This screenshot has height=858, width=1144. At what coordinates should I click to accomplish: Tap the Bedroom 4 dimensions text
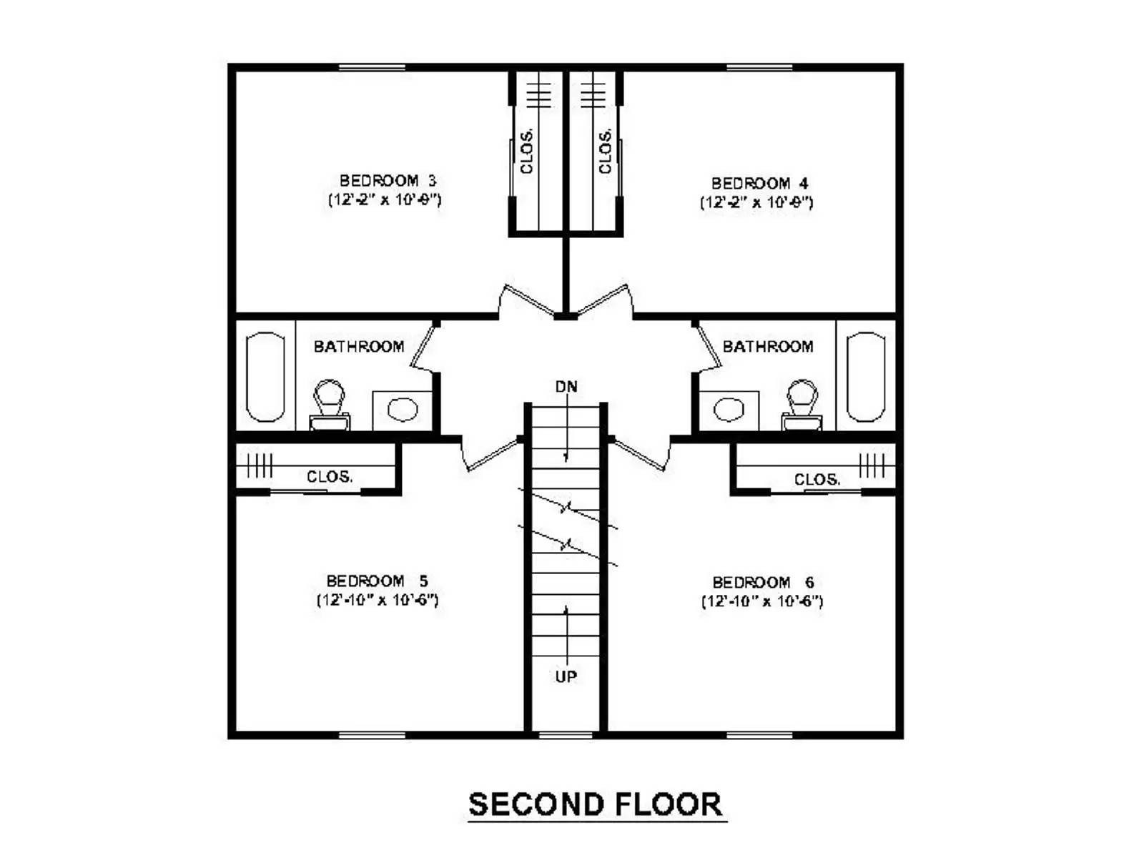(x=756, y=202)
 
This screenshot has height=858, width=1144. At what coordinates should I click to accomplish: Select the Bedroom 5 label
(x=377, y=581)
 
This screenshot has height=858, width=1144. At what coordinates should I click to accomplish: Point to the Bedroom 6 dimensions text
(x=761, y=601)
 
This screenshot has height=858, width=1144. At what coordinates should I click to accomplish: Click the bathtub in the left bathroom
(x=265, y=377)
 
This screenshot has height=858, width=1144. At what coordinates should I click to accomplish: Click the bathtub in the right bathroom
(x=866, y=377)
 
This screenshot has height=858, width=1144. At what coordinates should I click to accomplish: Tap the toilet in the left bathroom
(x=329, y=404)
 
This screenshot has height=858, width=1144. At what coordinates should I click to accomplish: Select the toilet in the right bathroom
(x=802, y=404)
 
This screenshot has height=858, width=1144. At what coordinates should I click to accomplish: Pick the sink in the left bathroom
(x=402, y=410)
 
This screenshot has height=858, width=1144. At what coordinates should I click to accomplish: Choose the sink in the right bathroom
(x=729, y=410)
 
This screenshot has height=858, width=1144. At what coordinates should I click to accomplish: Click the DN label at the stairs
(x=566, y=387)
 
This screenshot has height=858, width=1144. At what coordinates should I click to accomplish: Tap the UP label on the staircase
(x=566, y=676)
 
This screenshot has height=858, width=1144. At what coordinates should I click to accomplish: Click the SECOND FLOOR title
(x=595, y=804)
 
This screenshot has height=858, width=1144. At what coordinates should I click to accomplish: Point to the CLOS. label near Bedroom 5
(x=329, y=477)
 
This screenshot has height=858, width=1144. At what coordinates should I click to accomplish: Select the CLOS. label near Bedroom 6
(x=817, y=480)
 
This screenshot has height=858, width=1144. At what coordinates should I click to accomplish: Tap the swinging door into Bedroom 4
(x=605, y=300)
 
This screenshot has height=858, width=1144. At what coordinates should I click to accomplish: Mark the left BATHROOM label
(x=359, y=347)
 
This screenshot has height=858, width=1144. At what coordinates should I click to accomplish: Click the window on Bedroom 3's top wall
(x=372, y=67)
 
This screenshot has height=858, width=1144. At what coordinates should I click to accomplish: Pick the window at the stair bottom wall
(x=566, y=735)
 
